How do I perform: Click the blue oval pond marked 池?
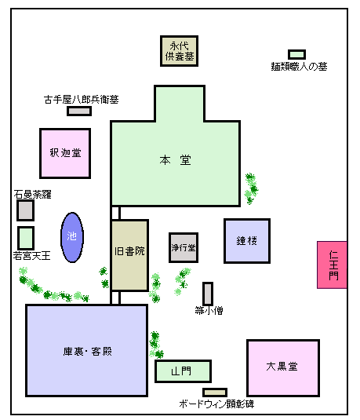click(72, 237)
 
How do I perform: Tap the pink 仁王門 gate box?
click(333, 265)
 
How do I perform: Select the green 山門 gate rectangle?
click(183, 371)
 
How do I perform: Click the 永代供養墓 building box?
click(179, 51)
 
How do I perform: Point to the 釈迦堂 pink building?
click(65, 153)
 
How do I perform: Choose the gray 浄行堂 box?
click(184, 247)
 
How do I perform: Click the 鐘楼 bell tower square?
click(247, 241)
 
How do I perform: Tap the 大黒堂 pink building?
click(283, 367)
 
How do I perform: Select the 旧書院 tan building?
click(129, 255)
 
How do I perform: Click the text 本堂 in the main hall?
click(176, 160)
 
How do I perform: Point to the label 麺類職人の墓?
click(299, 67)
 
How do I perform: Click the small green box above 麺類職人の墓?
click(296, 54)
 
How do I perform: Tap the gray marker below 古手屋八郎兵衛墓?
click(79, 111)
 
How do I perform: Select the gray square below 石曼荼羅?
click(25, 210)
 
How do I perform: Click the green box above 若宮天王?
click(26, 238)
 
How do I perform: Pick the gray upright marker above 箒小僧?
click(208, 294)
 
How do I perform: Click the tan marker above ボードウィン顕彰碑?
click(215, 393)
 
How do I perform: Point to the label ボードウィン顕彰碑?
click(216, 404)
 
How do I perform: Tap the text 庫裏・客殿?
click(88, 352)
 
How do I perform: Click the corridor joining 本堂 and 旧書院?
click(115, 213)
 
